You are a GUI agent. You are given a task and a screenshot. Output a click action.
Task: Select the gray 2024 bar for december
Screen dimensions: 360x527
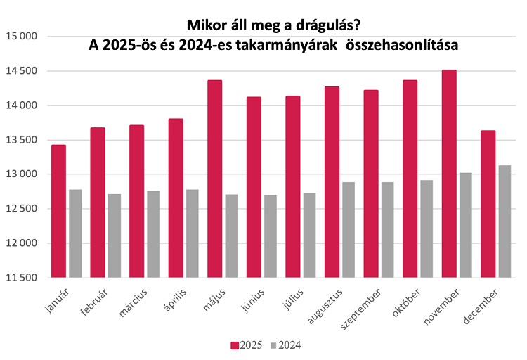pyautogui.click(x=504, y=221)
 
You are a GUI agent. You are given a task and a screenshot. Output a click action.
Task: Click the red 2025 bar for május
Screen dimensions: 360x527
pyautogui.click(x=214, y=179)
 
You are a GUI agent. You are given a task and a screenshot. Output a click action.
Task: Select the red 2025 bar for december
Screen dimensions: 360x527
pyautogui.click(x=488, y=204)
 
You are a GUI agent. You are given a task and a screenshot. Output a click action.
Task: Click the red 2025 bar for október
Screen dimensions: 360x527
pyautogui.click(x=410, y=179)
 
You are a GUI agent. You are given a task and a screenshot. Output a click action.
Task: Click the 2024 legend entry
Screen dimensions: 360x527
pyautogui.click(x=285, y=345)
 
